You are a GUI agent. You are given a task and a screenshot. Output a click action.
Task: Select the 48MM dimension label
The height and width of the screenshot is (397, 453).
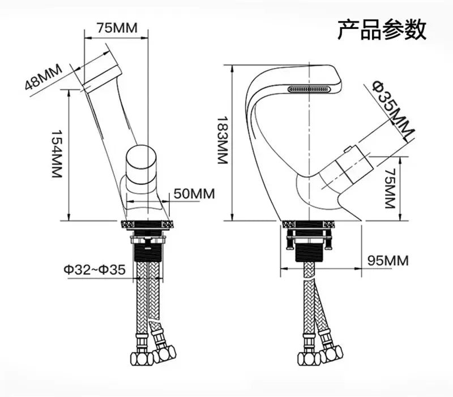(x=43, y=77)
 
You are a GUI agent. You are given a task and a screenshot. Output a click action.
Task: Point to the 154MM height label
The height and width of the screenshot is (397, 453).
(x=55, y=154)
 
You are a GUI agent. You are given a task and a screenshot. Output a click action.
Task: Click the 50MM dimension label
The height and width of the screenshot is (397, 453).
(x=194, y=193)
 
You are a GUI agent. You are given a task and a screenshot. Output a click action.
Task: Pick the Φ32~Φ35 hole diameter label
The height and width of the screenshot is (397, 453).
(x=94, y=270)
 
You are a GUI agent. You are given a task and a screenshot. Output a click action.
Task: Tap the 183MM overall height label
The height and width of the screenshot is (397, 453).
(x=221, y=141)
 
